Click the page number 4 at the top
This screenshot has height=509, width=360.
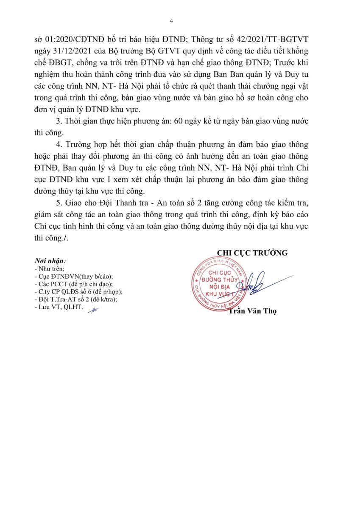pyautogui.click(x=171, y=21)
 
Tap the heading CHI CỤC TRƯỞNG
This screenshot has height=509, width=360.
pyautogui.click(x=252, y=253)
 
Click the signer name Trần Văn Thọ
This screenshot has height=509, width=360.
pyautogui.click(x=252, y=311)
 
